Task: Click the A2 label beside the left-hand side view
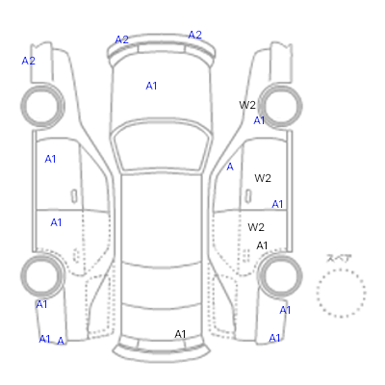pyautogui.click(x=28, y=61)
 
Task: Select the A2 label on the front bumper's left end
pyautogui.click(x=121, y=39)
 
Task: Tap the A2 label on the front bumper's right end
pyautogui.click(x=194, y=35)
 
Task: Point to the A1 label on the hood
pyautogui.click(x=151, y=86)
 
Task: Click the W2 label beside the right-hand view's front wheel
pyautogui.click(x=247, y=105)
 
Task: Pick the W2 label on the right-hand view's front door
pyautogui.click(x=263, y=178)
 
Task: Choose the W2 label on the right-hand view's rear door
pyautogui.click(x=256, y=227)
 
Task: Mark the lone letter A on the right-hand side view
pyautogui.click(x=230, y=167)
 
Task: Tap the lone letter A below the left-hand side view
pyautogui.click(x=61, y=341)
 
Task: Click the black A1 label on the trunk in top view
pyautogui.click(x=180, y=334)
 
